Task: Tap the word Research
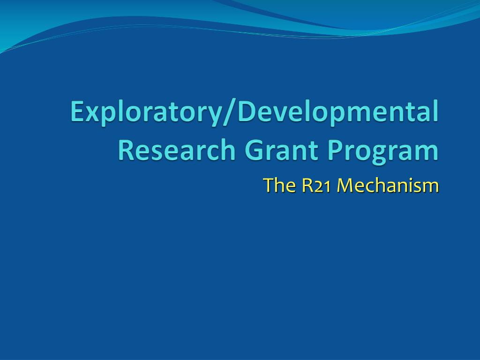176,150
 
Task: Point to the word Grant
282,150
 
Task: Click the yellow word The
279,185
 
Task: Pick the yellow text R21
316,186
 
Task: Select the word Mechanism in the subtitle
388,185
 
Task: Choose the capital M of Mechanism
345,186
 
